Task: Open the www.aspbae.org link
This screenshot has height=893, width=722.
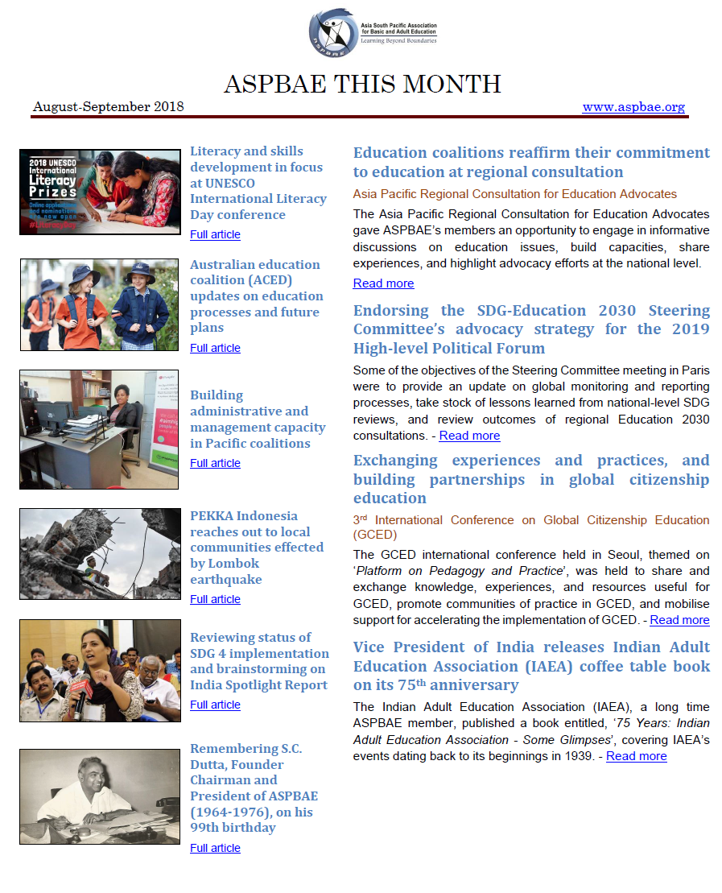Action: click(x=633, y=106)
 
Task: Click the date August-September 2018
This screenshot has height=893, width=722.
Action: click(x=109, y=106)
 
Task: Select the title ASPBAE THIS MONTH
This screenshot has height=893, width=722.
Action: click(x=362, y=84)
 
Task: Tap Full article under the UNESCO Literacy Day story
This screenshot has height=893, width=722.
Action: click(x=215, y=234)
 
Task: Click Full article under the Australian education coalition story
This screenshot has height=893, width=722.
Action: click(x=215, y=348)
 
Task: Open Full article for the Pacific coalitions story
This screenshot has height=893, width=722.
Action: click(x=215, y=463)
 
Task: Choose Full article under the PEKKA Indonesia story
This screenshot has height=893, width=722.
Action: click(x=215, y=599)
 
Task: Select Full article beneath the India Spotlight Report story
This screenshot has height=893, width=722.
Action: click(x=215, y=705)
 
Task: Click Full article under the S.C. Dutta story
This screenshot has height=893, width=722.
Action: click(x=215, y=848)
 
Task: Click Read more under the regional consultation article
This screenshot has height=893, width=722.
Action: click(x=383, y=283)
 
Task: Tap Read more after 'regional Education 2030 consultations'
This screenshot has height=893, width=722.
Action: click(x=469, y=436)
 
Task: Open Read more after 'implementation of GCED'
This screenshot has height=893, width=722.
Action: click(x=679, y=620)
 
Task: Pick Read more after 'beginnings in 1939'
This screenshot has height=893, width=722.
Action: click(x=636, y=756)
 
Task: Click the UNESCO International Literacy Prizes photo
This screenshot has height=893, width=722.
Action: click(x=100, y=192)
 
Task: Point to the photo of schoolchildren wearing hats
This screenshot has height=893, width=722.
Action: click(x=100, y=304)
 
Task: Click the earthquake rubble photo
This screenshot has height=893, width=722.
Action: click(x=100, y=553)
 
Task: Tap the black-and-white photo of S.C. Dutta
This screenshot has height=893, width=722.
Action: click(x=100, y=796)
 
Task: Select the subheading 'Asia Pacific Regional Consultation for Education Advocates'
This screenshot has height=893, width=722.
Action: click(x=515, y=194)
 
